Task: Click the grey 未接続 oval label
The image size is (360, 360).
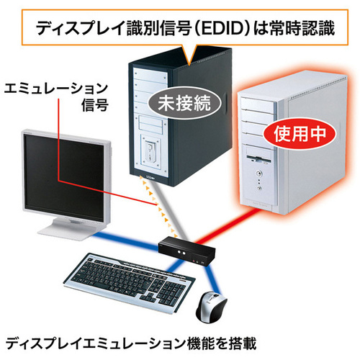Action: pos(184,104)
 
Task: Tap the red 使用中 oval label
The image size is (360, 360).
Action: pos(300,133)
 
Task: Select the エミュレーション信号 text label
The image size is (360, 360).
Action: pos(56,96)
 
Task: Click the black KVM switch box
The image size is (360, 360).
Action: pos(186,251)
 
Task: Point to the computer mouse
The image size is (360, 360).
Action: pos(211,307)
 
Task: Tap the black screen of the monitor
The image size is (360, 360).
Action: pos(64,177)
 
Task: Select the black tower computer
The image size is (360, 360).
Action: pos(180,117)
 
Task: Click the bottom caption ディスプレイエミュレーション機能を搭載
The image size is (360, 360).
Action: pos(131,343)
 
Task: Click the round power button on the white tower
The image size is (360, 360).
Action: pos(258,173)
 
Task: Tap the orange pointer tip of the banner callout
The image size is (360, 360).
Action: pos(189,64)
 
